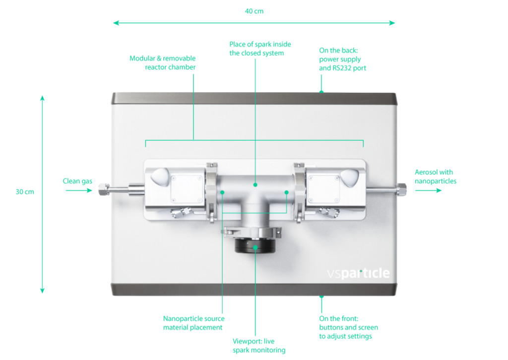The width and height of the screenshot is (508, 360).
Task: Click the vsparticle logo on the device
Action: [x=358, y=273]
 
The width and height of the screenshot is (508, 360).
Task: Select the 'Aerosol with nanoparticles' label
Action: [x=435, y=177]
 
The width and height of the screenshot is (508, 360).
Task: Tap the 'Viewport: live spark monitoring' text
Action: [x=259, y=346]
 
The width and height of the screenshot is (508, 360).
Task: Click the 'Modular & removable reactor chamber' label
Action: [x=163, y=62]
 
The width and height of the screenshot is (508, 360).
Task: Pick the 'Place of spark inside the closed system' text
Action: [x=259, y=49]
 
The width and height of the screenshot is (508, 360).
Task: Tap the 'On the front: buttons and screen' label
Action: [x=348, y=327]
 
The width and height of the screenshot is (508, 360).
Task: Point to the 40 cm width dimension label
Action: [x=254, y=11]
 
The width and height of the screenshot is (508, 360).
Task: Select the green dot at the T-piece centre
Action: [x=255, y=184]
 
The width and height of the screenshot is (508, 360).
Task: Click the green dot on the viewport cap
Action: [x=255, y=246]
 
